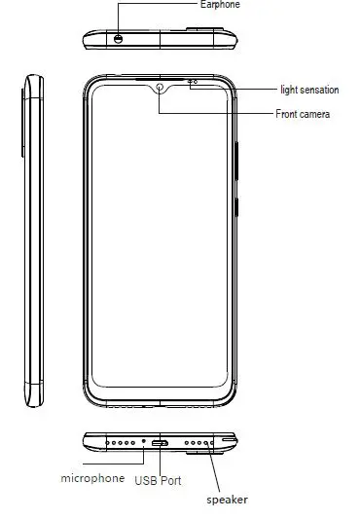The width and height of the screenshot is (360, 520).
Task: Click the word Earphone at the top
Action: pyautogui.click(x=219, y=5)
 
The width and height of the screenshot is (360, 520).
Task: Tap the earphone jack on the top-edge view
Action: pyautogui.click(x=119, y=39)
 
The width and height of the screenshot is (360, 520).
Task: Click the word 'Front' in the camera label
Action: pyautogui.click(x=288, y=114)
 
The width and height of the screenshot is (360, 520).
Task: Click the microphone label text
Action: pyautogui.click(x=93, y=478)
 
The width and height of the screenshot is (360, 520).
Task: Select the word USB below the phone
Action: pyautogui.click(x=146, y=479)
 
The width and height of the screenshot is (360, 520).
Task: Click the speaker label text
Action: pyautogui.click(x=227, y=500)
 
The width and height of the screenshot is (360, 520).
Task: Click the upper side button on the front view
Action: pyautogui.click(x=238, y=156)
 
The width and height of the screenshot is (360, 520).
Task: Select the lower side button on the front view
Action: pyautogui.click(x=238, y=207)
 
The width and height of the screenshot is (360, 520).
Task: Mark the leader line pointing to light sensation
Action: pyautogui.click(x=234, y=88)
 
